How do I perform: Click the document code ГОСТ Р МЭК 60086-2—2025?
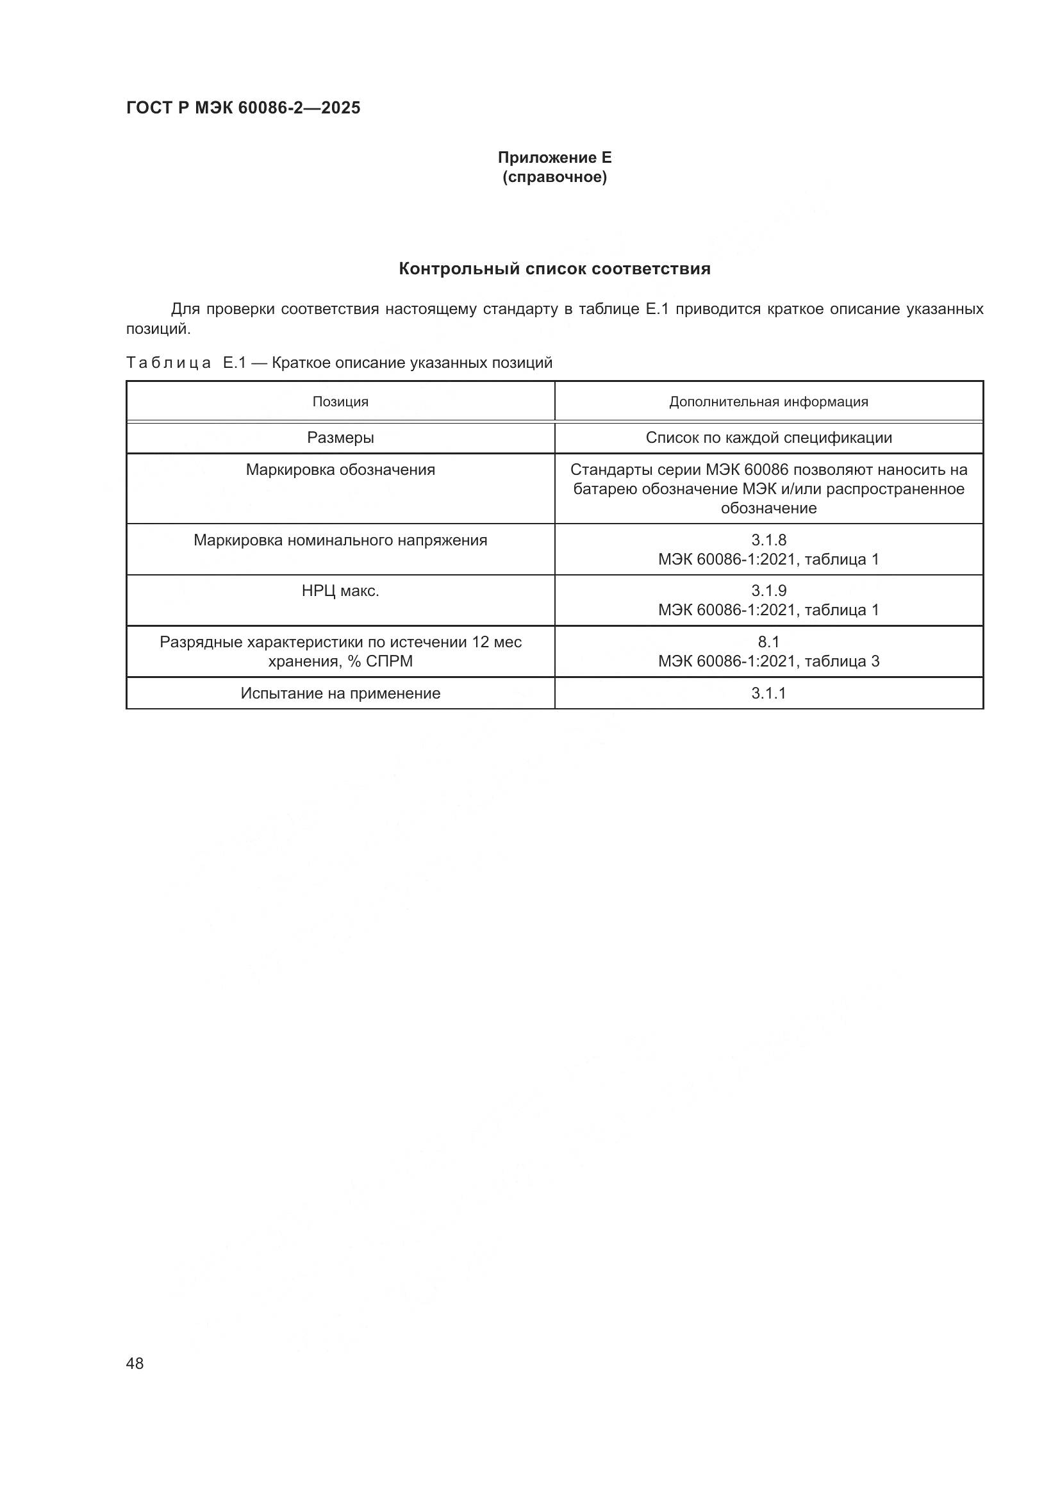point(243,108)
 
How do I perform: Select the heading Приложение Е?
point(555,158)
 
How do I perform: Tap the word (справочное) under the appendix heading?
point(555,177)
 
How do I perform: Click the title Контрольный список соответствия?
point(555,269)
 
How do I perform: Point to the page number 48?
point(135,1363)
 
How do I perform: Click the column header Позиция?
point(341,402)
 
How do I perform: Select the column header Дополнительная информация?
point(769,402)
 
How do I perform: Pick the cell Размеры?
point(341,438)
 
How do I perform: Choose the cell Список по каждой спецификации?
point(769,438)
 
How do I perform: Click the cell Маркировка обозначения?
point(341,470)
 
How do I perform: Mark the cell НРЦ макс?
point(341,592)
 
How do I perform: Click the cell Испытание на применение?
point(341,693)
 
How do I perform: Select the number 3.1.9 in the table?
point(769,592)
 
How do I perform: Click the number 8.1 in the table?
point(769,642)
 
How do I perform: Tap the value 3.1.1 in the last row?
point(769,693)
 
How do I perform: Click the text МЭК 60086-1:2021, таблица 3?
point(769,661)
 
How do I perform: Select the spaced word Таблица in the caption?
point(169,363)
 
